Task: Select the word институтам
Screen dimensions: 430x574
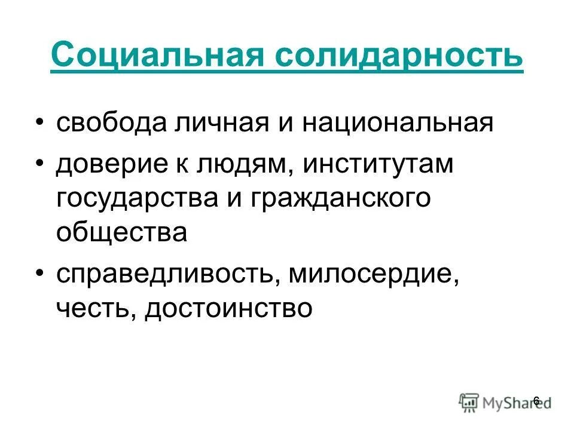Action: pyautogui.click(x=379, y=165)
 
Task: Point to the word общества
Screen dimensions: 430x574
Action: pyautogui.click(x=121, y=231)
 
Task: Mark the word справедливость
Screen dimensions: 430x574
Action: pyautogui.click(x=165, y=275)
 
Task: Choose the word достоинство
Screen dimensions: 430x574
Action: pyautogui.click(x=228, y=308)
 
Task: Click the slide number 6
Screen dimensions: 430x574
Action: pyautogui.click(x=536, y=400)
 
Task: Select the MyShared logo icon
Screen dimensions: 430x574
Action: pyautogui.click(x=469, y=401)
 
